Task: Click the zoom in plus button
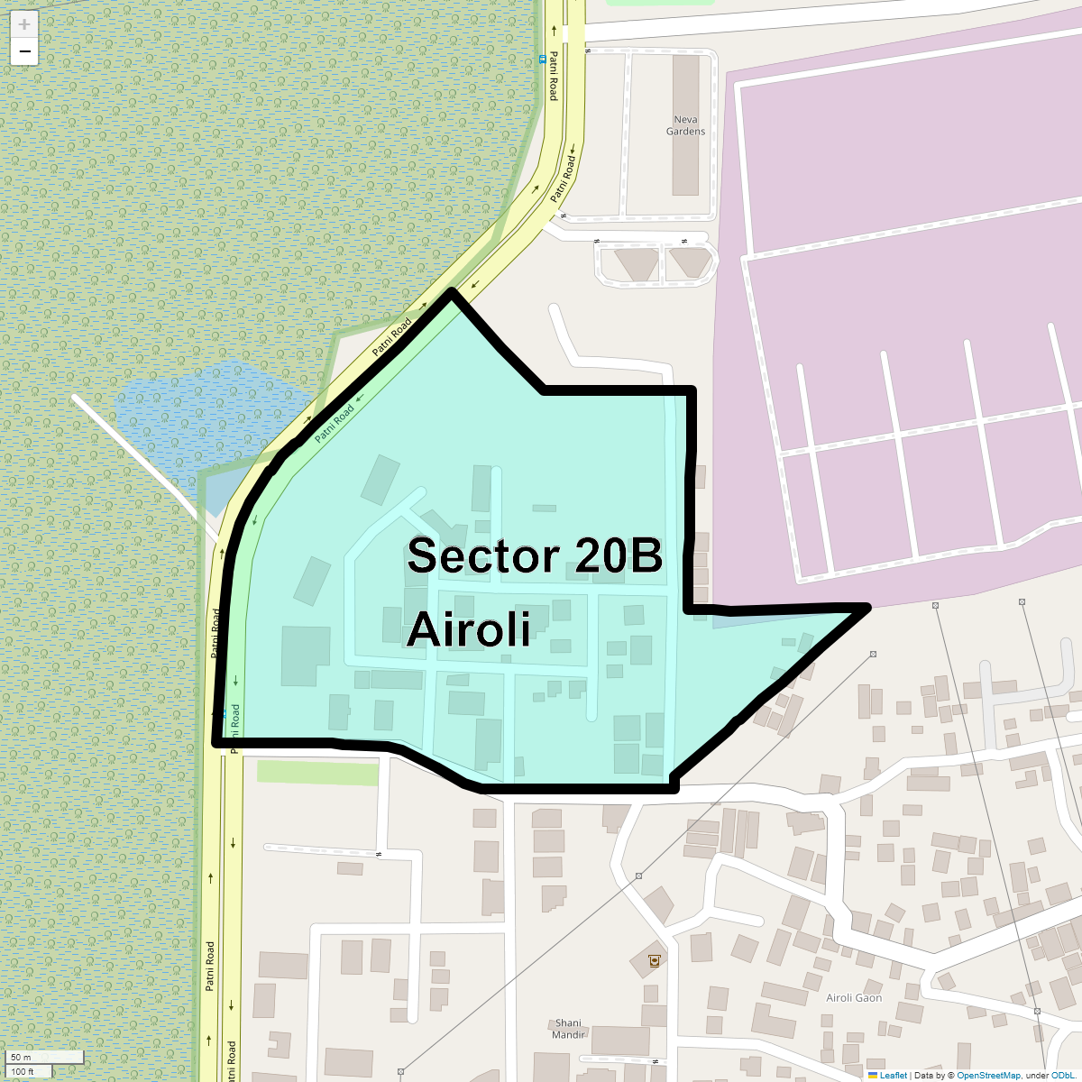[x=24, y=24]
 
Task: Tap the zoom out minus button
[x=24, y=52]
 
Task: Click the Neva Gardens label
[x=685, y=125]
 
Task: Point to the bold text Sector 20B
[x=535, y=556]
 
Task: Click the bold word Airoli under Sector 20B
[x=469, y=629]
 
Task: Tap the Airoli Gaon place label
[x=854, y=998]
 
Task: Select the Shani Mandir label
[x=568, y=1029]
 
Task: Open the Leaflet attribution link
[x=893, y=1076]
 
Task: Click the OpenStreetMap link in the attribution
[x=988, y=1076]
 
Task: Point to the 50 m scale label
[x=21, y=1057]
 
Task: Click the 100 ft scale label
[x=23, y=1071]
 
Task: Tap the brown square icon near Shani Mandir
[x=653, y=961]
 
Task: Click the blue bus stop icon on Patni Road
[x=542, y=60]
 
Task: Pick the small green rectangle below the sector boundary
[x=317, y=773]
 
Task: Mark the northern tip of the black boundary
[x=453, y=291]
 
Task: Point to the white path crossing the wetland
[x=135, y=455]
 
